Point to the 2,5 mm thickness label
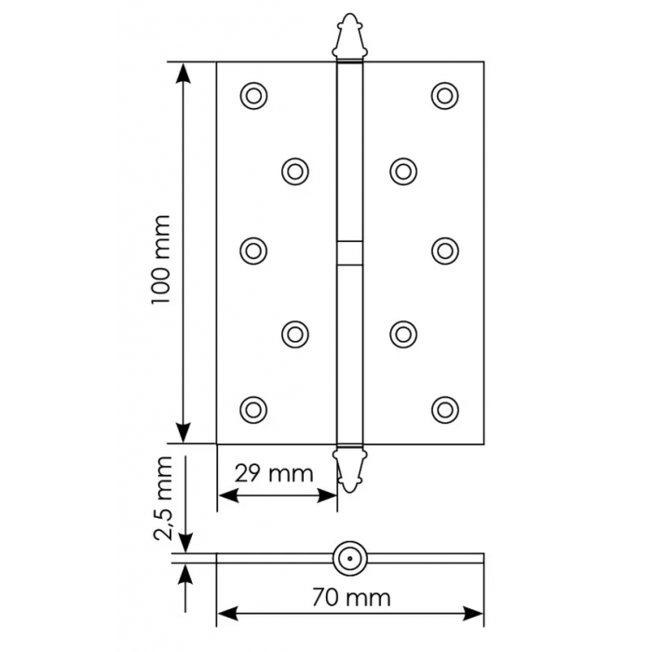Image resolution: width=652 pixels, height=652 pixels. [164, 499]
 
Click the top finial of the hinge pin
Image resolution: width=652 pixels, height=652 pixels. [346, 36]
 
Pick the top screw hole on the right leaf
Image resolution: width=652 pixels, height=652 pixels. [445, 94]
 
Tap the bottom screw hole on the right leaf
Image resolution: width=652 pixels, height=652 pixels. [445, 408]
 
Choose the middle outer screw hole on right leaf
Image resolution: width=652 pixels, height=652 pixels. [445, 251]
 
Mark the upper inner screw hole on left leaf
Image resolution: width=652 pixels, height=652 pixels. [294, 170]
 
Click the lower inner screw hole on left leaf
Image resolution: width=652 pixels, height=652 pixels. [294, 332]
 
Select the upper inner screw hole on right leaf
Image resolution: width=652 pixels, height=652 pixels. [402, 170]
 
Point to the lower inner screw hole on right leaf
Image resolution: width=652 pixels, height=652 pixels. [402, 332]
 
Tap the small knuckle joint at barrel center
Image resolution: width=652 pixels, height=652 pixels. [346, 252]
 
